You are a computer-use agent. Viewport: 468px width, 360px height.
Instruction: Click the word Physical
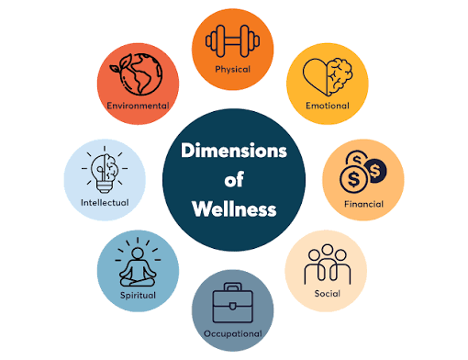click(x=232, y=70)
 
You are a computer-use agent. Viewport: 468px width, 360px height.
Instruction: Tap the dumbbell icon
click(x=232, y=41)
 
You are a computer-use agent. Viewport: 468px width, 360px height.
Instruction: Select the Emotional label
click(x=328, y=106)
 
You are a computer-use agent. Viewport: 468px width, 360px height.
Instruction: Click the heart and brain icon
click(x=328, y=76)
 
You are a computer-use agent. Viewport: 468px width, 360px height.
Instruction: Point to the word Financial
click(x=363, y=204)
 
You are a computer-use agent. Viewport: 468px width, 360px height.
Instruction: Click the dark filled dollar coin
click(x=375, y=171)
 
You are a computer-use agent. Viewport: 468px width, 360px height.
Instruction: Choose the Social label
click(x=328, y=294)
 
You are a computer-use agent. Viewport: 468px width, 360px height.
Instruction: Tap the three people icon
click(x=328, y=264)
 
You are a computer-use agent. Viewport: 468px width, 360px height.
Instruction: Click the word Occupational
click(x=233, y=333)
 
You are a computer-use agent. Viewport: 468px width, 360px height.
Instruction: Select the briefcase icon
click(x=233, y=303)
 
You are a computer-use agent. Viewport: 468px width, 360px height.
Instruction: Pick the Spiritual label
click(x=138, y=296)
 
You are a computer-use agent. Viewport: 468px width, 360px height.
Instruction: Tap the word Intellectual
click(x=105, y=203)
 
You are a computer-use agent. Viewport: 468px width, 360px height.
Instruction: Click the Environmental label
click(x=138, y=106)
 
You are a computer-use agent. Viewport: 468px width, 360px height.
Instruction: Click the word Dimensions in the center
click(x=234, y=151)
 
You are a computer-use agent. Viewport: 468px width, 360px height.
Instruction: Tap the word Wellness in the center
click(x=234, y=209)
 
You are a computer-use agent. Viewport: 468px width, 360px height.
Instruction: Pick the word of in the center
click(x=234, y=179)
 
